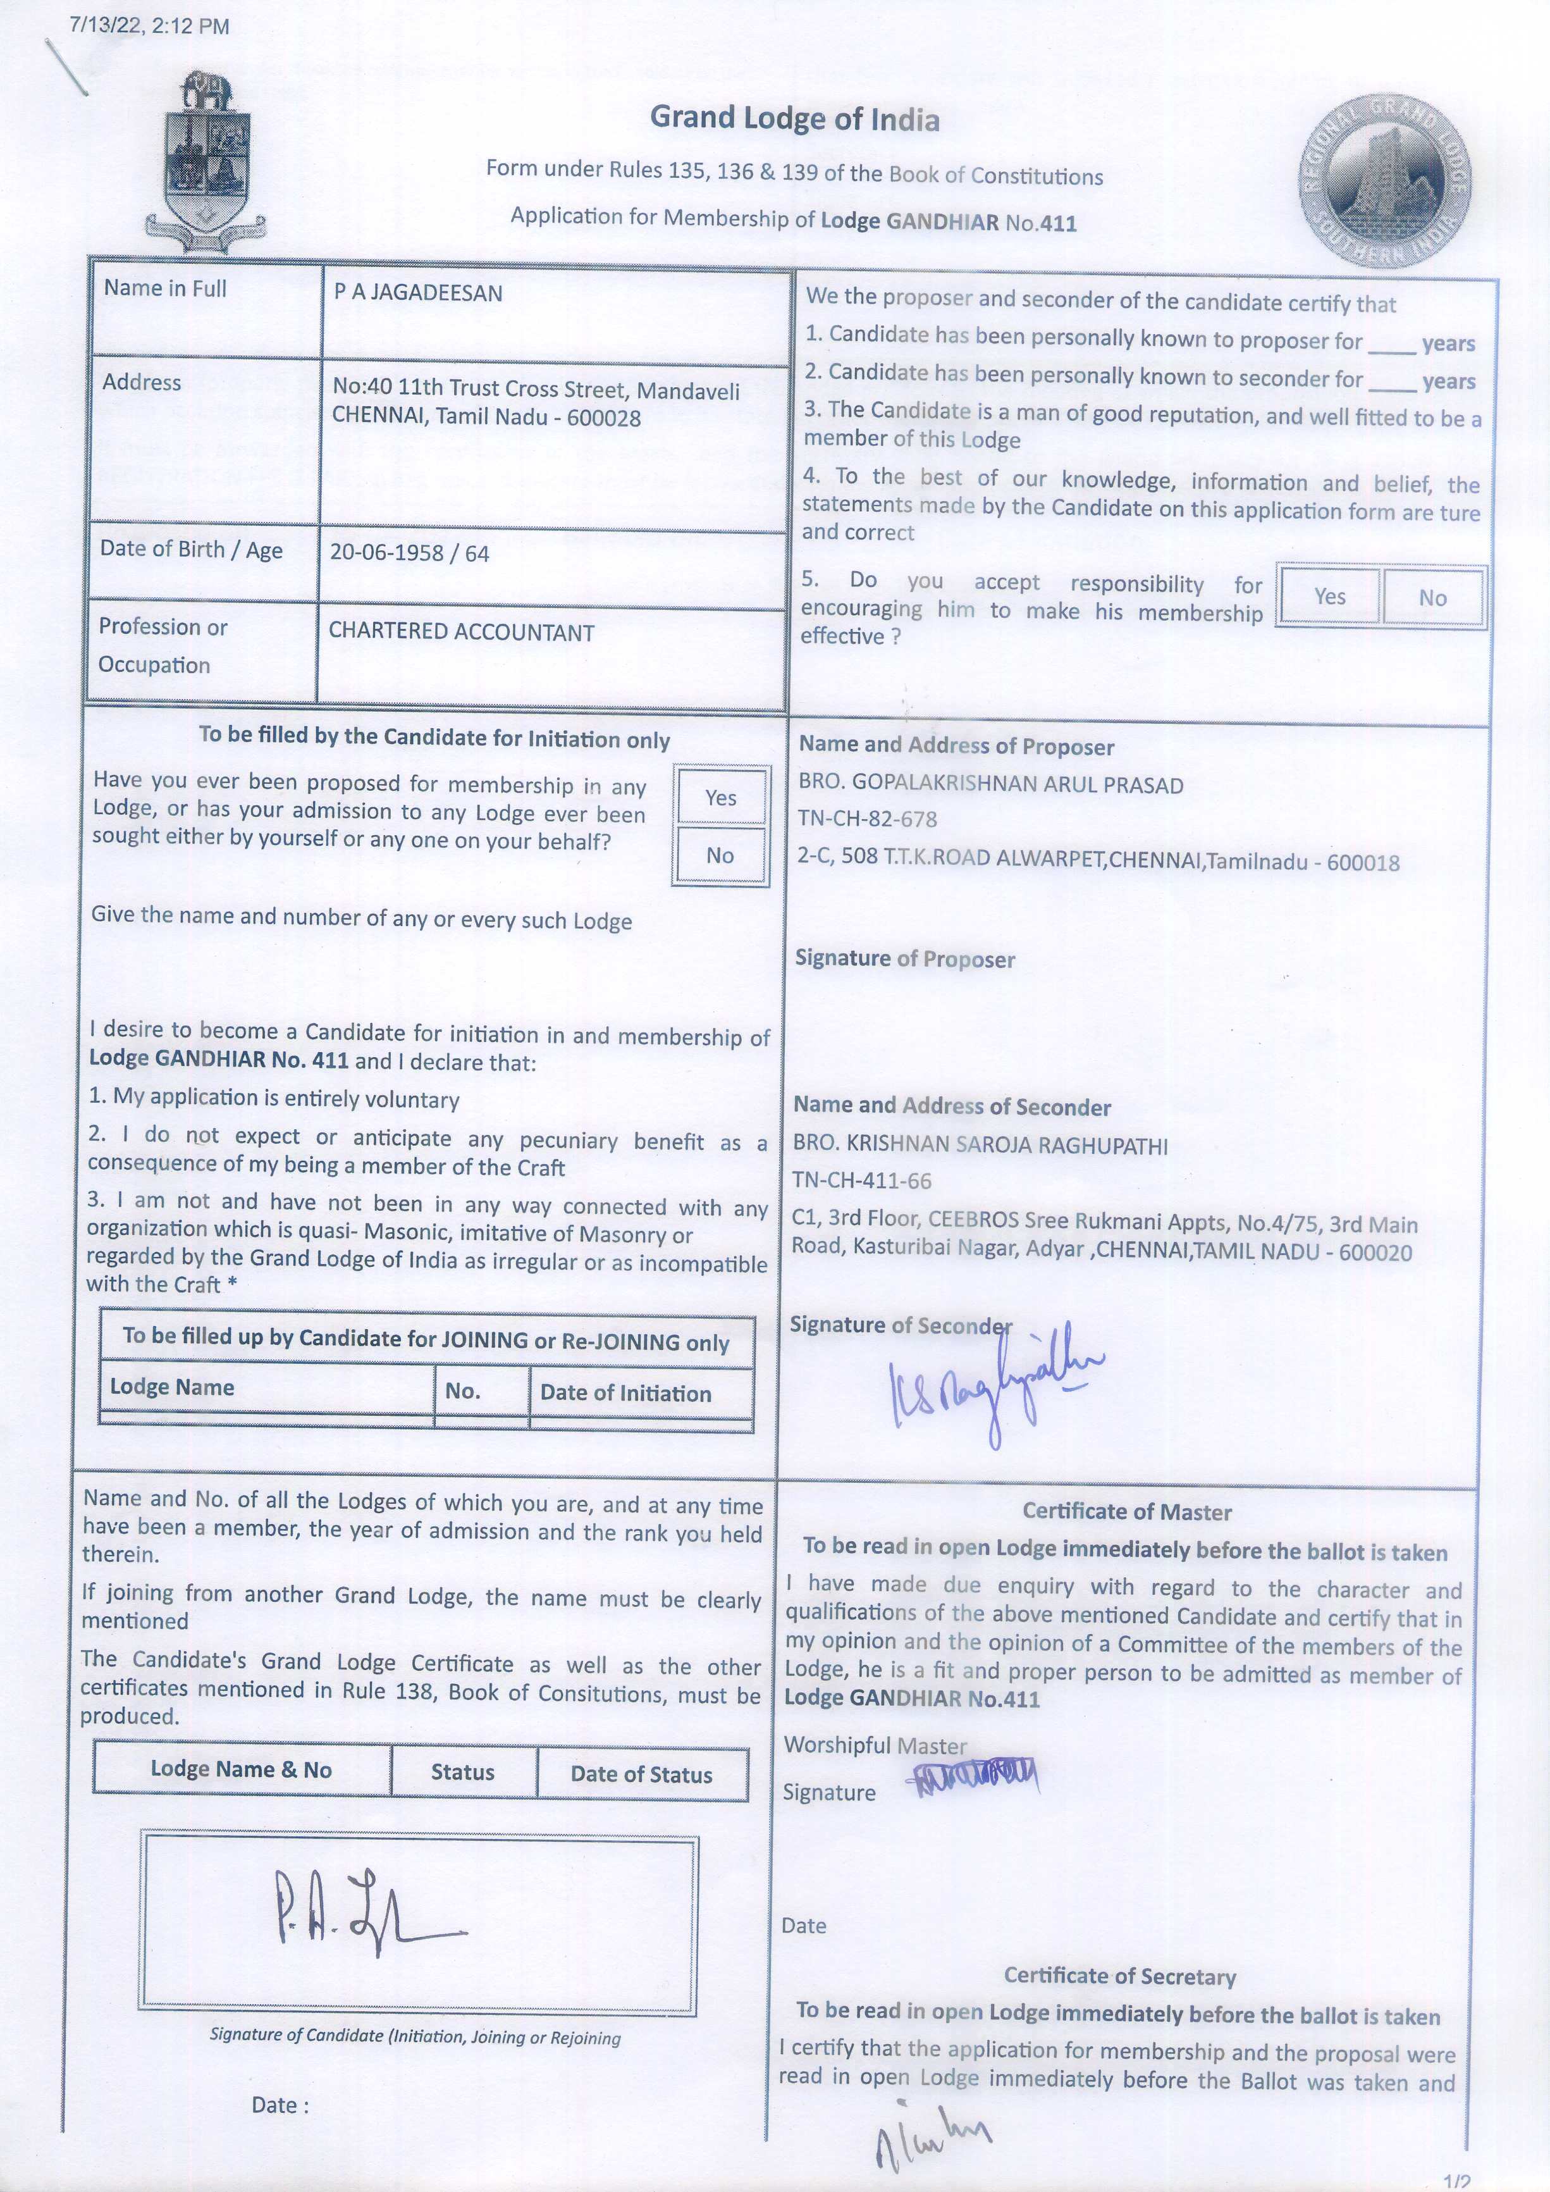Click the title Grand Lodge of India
point(794,118)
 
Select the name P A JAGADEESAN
point(418,293)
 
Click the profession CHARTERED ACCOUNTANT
point(461,632)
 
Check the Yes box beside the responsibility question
point(1329,597)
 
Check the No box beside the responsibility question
point(1432,598)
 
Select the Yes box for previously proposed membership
point(720,797)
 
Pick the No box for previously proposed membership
point(720,855)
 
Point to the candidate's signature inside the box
point(364,1909)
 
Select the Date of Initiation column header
point(625,1393)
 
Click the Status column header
point(463,1772)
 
